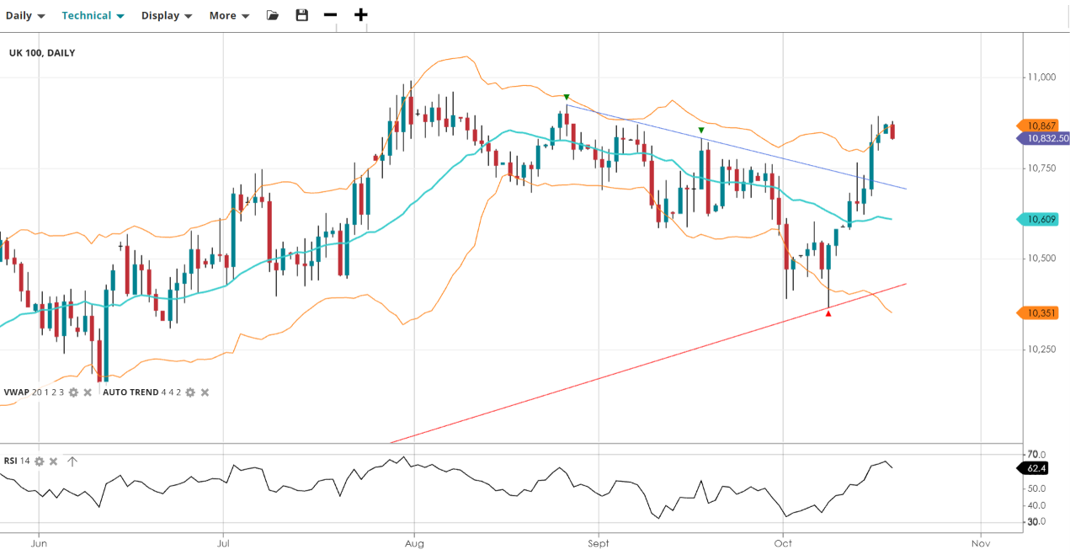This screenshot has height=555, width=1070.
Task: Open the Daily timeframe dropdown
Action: point(25,16)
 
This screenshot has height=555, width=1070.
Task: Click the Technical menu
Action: point(93,16)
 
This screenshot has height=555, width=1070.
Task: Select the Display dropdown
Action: point(166,16)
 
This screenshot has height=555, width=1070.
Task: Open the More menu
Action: point(229,16)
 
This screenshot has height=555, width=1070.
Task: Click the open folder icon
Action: point(272,15)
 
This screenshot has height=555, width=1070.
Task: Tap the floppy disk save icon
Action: point(301,15)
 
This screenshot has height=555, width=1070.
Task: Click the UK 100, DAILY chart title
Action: point(42,53)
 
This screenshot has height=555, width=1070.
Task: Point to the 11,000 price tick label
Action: point(1042,77)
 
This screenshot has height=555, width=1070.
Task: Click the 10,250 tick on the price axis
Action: point(1042,350)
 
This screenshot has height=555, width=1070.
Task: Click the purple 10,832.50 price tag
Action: point(1043,139)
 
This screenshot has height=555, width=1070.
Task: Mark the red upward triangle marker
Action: point(828,313)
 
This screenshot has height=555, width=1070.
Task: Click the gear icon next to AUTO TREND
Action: point(190,392)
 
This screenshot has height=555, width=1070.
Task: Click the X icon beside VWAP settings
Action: point(88,392)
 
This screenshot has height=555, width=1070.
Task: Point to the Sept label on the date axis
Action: point(599,543)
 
